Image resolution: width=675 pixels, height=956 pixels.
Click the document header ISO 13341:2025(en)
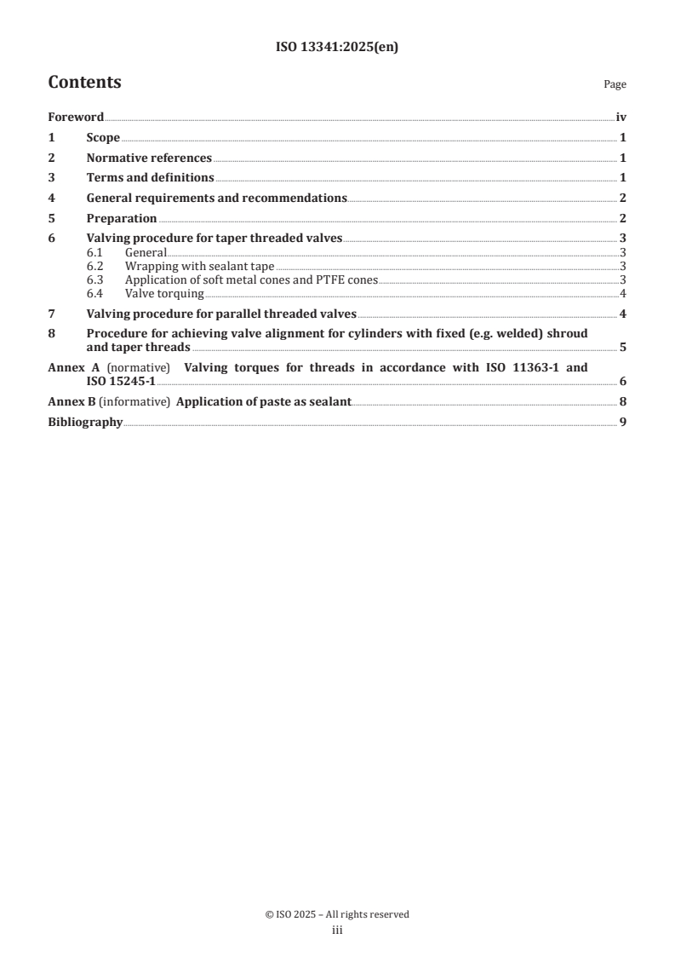click(x=337, y=48)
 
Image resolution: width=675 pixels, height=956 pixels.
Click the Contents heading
click(x=84, y=83)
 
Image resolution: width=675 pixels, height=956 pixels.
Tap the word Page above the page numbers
click(x=615, y=84)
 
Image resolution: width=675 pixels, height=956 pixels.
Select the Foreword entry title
click(x=76, y=118)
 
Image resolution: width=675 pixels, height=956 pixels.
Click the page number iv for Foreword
click(x=621, y=118)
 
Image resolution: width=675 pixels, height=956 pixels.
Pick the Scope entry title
click(x=103, y=138)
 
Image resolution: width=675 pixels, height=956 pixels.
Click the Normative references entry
click(x=149, y=158)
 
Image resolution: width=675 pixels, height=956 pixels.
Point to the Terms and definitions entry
click(x=150, y=178)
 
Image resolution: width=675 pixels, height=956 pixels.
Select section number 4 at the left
click(x=51, y=199)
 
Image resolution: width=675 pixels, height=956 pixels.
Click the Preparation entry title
click(x=122, y=219)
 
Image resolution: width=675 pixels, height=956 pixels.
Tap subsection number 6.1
click(x=94, y=253)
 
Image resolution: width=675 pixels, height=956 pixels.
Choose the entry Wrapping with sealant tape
click(x=199, y=267)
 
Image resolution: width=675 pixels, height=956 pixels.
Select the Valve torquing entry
click(x=164, y=294)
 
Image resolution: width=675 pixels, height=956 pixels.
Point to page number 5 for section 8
click(x=623, y=348)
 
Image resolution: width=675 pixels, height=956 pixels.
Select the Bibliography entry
click(x=85, y=422)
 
